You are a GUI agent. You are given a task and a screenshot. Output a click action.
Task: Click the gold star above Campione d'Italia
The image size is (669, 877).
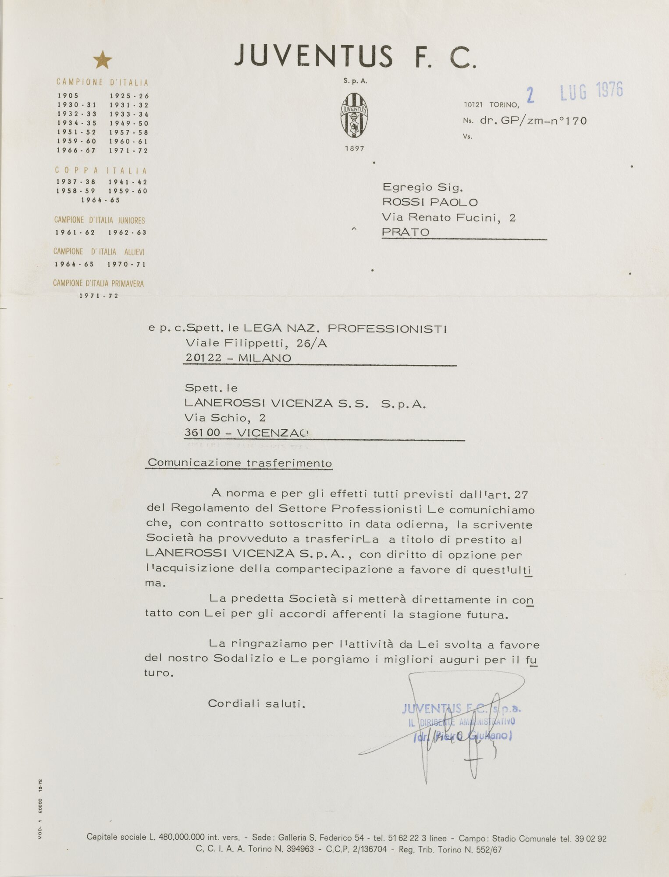(x=103, y=60)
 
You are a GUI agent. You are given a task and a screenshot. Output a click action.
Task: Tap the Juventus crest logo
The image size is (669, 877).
(x=354, y=116)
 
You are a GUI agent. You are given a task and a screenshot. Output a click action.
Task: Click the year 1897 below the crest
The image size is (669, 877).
(x=354, y=149)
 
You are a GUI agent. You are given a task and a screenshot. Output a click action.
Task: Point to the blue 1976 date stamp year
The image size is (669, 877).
(x=609, y=89)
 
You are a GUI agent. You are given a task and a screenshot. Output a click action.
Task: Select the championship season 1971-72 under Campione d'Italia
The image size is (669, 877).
(x=129, y=151)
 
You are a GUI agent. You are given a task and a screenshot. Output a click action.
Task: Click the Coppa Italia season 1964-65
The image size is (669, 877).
(x=100, y=200)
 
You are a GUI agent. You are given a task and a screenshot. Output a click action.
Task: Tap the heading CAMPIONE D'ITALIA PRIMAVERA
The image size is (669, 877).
(x=98, y=284)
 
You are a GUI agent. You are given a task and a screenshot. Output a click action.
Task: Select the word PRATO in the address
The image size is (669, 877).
(x=406, y=232)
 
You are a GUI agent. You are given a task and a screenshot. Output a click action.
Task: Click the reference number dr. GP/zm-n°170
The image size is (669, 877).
(x=533, y=121)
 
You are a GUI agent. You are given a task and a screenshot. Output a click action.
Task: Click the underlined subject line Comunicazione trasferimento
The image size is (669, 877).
(x=239, y=463)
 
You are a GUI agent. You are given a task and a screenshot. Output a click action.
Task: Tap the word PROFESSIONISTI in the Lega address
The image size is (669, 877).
(x=387, y=328)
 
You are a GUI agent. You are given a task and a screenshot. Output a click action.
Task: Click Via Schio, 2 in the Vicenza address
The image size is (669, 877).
(x=225, y=417)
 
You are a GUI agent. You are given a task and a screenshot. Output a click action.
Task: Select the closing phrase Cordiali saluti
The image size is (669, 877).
(x=256, y=703)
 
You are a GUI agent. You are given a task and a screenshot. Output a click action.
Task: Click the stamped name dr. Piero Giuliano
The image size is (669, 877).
(x=463, y=736)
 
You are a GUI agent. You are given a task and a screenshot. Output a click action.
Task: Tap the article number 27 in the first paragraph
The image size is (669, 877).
(x=521, y=495)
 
